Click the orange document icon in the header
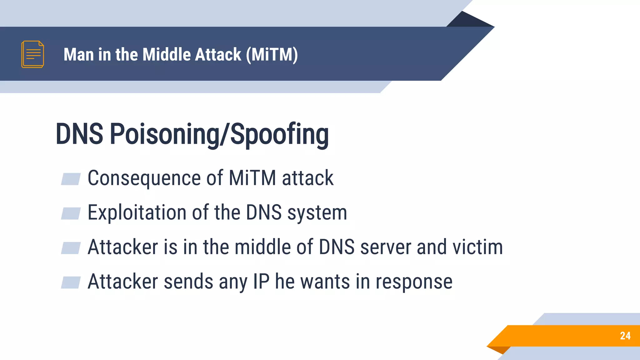point(32,54)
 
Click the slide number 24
point(625,336)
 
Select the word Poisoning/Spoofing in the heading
point(219,134)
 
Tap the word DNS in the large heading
point(79,134)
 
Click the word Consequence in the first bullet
point(144,178)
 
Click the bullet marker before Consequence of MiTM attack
point(71,179)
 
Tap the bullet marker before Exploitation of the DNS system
point(71,213)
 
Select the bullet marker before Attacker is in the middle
point(71,248)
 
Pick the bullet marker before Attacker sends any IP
point(71,282)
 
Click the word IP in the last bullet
point(261,281)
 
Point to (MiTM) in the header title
point(272,55)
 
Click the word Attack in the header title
point(218,54)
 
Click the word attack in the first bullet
point(307,178)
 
